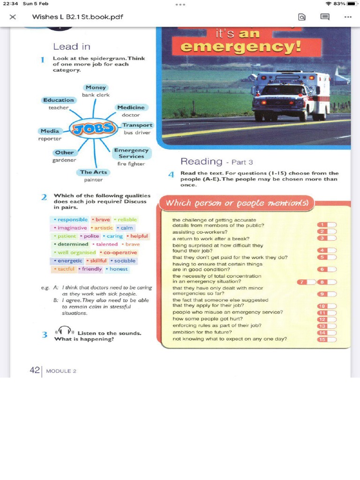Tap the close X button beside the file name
(x=13, y=17)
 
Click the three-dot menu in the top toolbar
(x=347, y=17)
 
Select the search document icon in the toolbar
(x=302, y=17)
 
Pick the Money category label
(x=96, y=88)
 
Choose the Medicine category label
(x=131, y=107)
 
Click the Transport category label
(x=137, y=125)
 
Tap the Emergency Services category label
(x=131, y=153)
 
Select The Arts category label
(x=93, y=172)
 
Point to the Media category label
(x=50, y=131)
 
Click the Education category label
(x=59, y=100)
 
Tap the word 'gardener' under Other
(x=64, y=160)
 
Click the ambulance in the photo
(x=291, y=96)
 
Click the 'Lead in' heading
(x=71, y=46)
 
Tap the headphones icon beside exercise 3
(x=64, y=331)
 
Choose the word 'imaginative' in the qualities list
(x=71, y=228)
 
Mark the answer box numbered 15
(x=327, y=339)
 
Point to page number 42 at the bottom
(x=35, y=370)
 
